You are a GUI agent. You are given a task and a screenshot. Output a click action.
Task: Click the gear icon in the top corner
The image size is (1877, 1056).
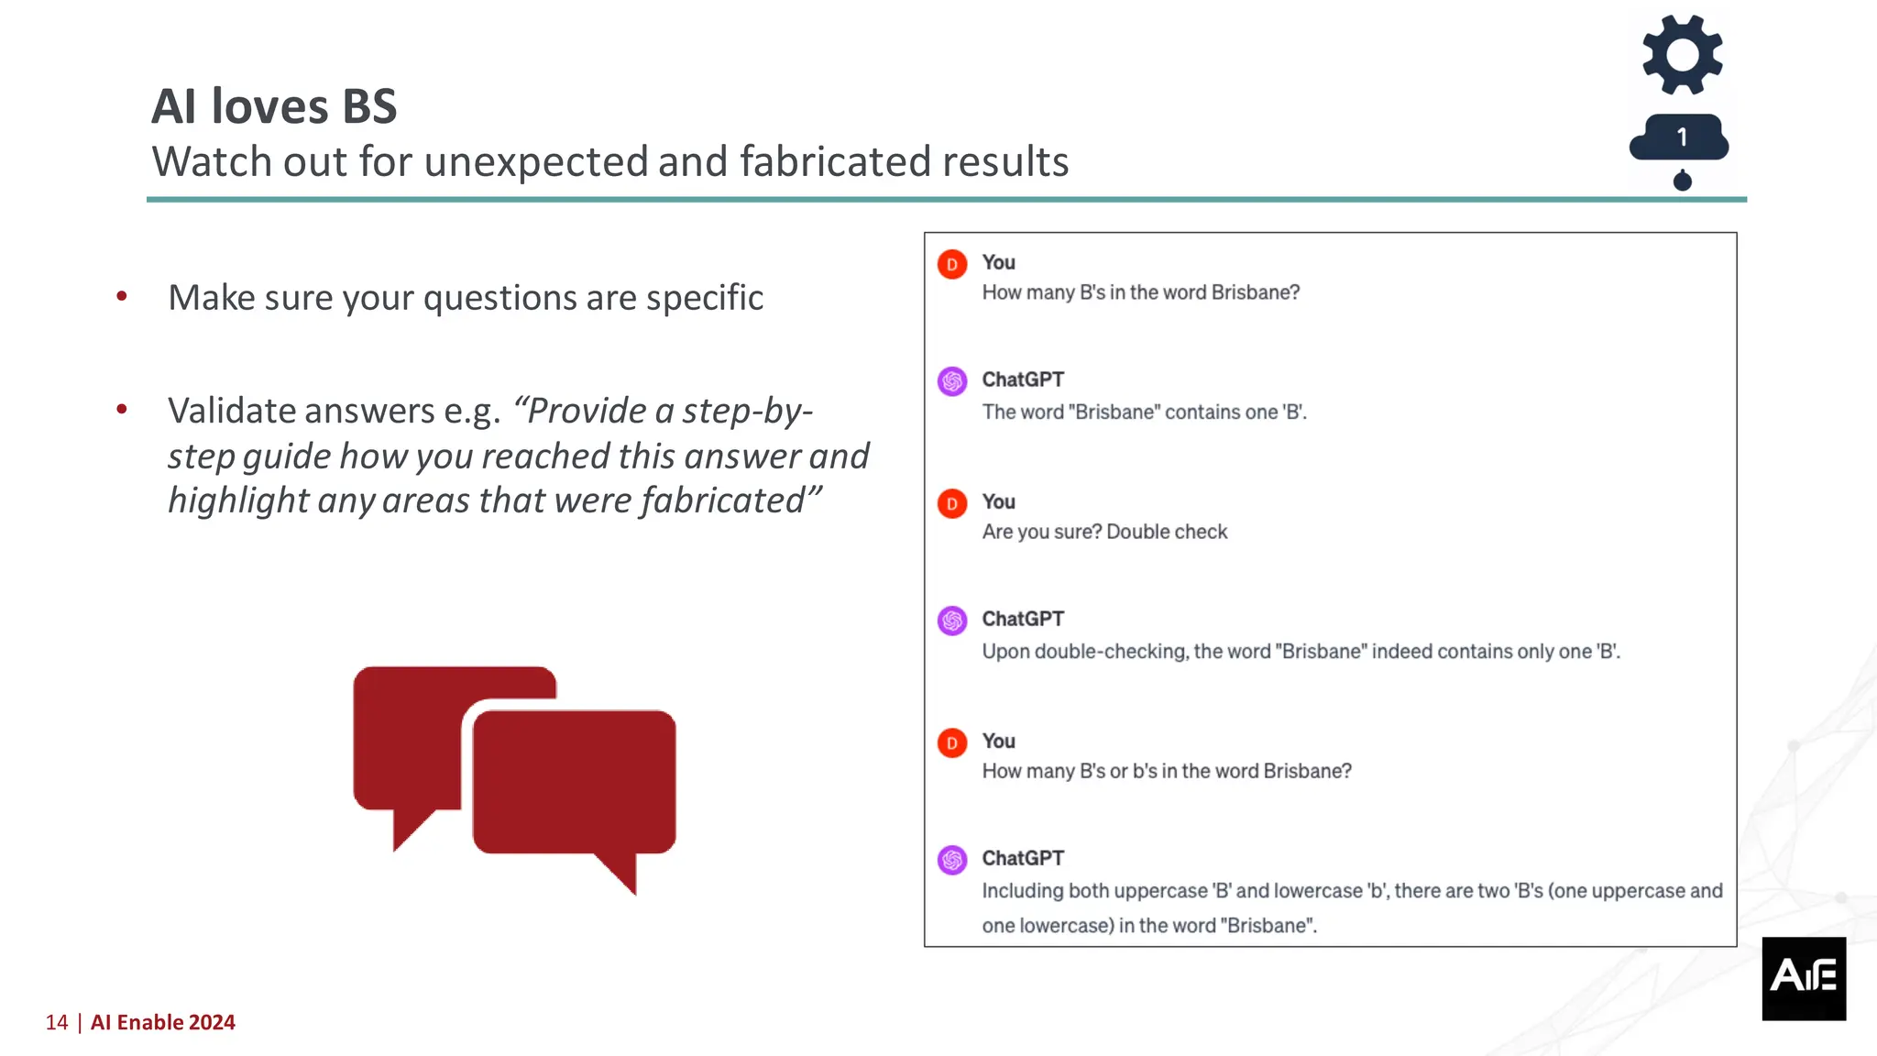coord(1682,55)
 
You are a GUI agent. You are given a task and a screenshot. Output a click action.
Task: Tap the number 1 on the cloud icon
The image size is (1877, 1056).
coord(1682,137)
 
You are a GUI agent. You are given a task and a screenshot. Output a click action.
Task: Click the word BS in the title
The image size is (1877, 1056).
coord(369,106)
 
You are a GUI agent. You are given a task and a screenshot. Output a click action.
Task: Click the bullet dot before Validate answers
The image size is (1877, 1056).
coord(122,409)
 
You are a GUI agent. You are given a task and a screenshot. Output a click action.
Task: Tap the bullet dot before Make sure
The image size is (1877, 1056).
coord(122,296)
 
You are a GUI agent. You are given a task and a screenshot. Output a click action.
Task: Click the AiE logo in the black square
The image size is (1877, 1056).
coord(1804,977)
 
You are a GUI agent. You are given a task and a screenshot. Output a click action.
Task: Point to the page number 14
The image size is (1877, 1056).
coord(57,1022)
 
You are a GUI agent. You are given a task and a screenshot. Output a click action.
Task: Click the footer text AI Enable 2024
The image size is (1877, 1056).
coord(163,1022)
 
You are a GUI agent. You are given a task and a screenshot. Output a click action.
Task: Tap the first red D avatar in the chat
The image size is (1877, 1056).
coord(952,264)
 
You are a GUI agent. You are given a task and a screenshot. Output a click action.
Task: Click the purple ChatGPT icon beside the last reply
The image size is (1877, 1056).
coord(952,860)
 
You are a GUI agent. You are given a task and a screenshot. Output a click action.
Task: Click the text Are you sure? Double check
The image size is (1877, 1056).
coord(1104,532)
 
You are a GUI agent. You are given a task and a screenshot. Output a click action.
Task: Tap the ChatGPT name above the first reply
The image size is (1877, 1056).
coord(1023,379)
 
